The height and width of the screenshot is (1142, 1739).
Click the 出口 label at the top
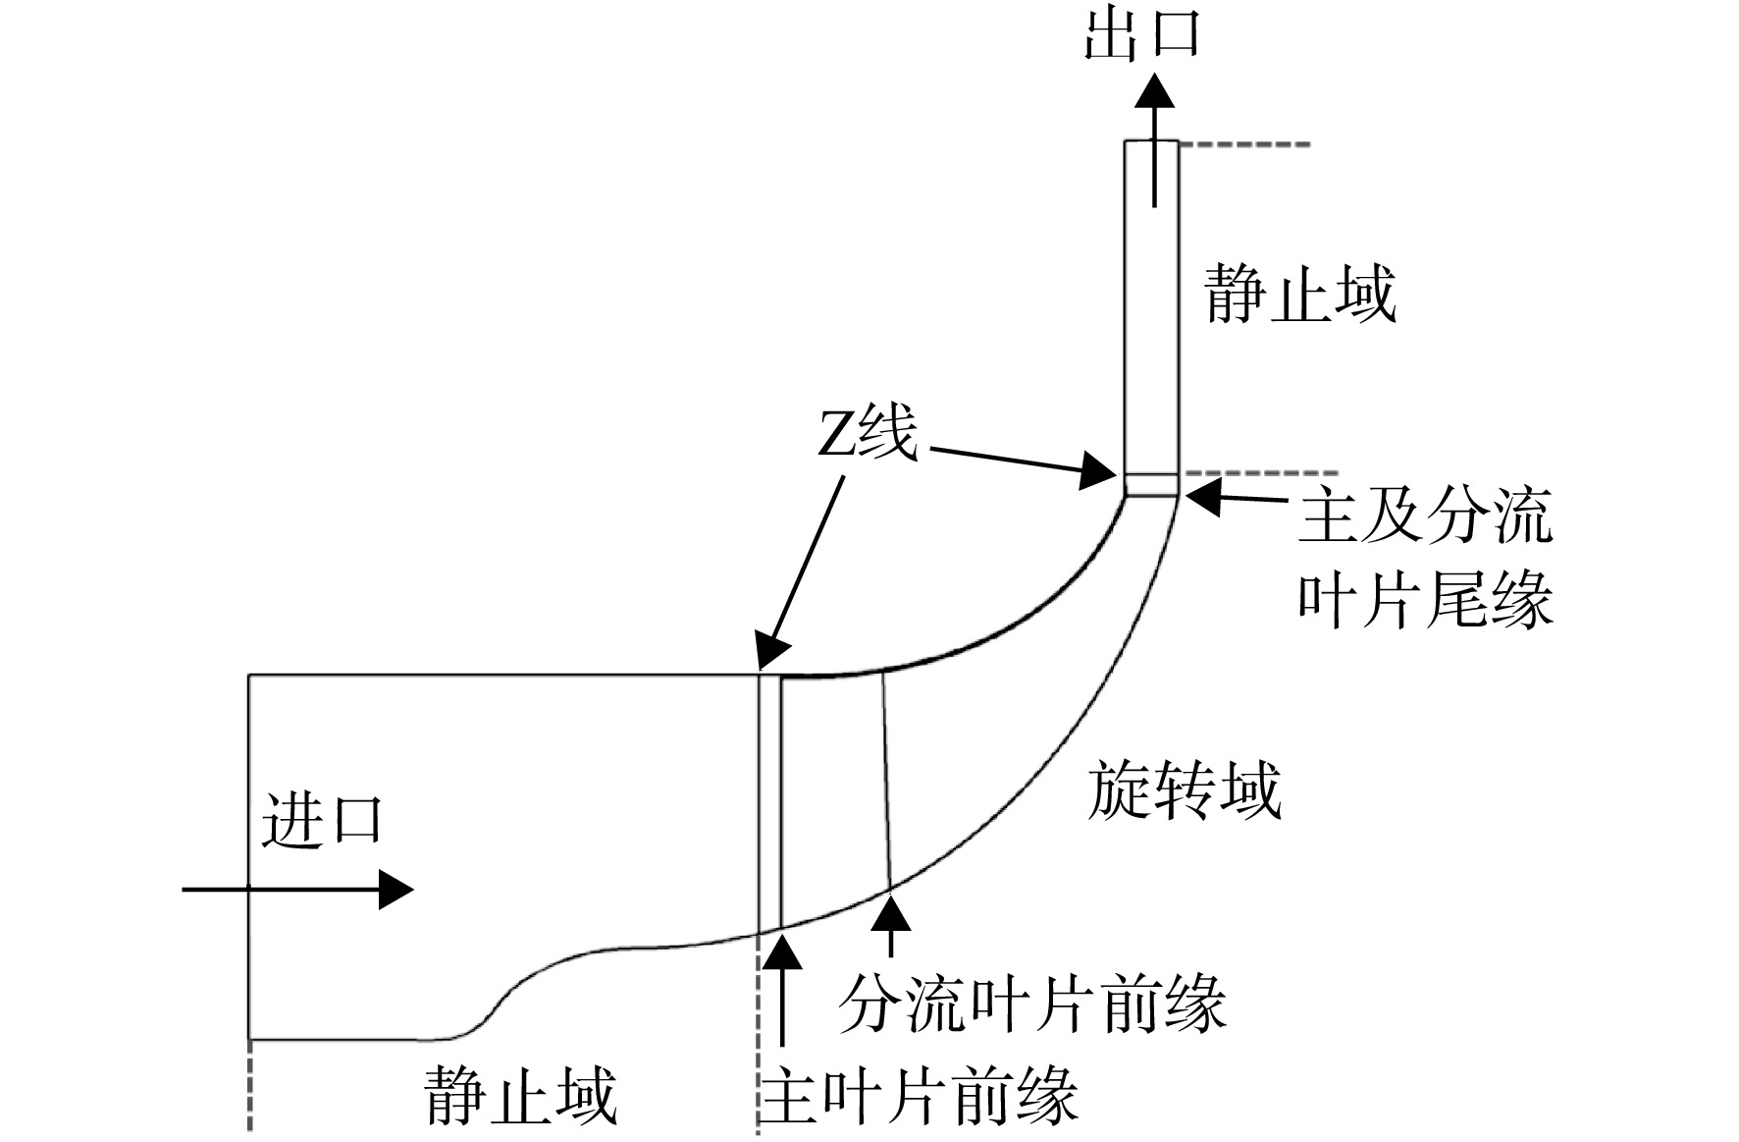click(1141, 35)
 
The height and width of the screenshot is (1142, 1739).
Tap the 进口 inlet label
click(321, 820)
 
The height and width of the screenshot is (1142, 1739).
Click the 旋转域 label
click(1185, 791)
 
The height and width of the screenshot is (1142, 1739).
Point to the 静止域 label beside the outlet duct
click(1300, 293)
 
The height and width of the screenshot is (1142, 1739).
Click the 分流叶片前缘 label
click(1032, 1005)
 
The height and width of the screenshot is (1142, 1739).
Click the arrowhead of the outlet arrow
click(1155, 90)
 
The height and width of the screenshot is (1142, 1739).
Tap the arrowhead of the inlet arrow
click(395, 890)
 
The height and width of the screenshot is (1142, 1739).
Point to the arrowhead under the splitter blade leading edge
click(890, 913)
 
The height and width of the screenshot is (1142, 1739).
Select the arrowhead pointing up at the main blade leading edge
click(782, 952)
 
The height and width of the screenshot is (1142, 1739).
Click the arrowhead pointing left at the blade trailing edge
click(1202, 496)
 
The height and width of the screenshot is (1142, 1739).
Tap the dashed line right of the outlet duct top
click(1244, 145)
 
